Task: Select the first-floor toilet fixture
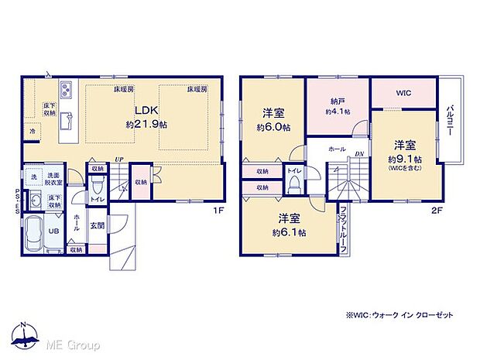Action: point(96,187)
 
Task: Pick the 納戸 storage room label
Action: point(338,101)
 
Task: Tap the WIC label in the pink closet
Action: point(403,94)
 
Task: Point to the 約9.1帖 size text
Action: point(404,159)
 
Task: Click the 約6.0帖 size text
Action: point(273,127)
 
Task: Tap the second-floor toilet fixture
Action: point(294,185)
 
